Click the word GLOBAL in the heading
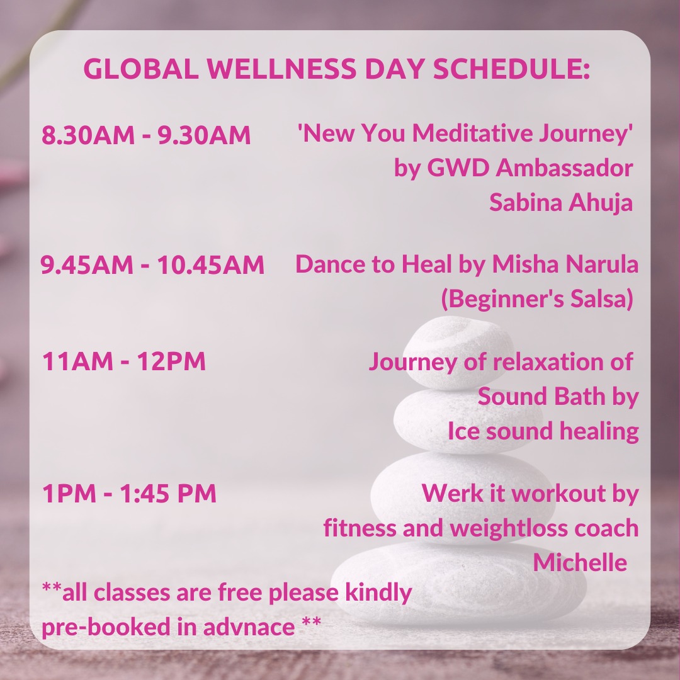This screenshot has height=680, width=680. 141,69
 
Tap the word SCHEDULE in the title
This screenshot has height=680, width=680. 507,69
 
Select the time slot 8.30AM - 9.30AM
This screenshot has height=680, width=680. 146,135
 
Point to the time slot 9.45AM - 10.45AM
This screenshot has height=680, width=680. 152,264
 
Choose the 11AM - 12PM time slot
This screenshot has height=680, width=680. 124,361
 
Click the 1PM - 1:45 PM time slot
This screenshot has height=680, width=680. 129,493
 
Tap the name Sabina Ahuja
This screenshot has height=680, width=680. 561,203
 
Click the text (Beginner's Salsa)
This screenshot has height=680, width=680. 537,299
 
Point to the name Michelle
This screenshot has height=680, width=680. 580,562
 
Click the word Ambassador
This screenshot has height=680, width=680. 564,167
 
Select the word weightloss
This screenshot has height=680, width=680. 508,528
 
